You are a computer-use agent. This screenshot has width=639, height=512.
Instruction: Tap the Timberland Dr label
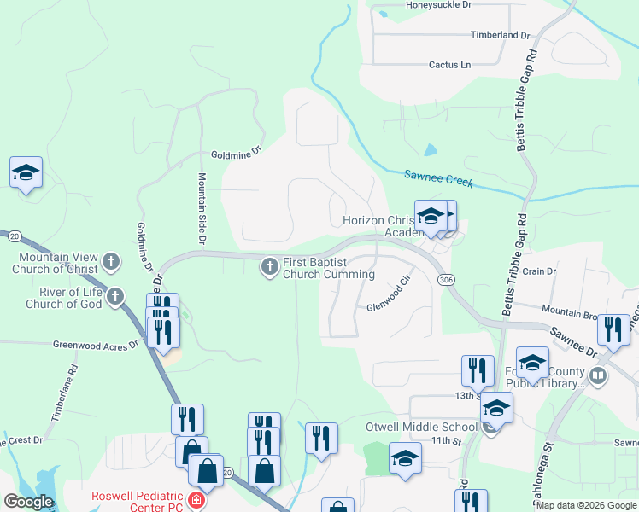(x=501, y=36)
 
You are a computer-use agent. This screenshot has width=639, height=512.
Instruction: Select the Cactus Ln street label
(x=449, y=65)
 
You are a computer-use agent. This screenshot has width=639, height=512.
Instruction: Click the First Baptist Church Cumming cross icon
(x=270, y=268)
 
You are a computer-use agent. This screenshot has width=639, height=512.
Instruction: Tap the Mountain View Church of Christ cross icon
(x=110, y=262)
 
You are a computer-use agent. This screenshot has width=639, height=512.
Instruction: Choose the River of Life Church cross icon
(x=115, y=298)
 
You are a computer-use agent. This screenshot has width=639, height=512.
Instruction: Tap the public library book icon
(x=599, y=375)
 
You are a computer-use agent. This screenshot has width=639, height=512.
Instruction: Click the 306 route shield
(x=445, y=280)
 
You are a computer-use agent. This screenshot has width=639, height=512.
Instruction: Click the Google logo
(x=29, y=501)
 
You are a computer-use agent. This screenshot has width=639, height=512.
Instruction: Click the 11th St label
(x=445, y=441)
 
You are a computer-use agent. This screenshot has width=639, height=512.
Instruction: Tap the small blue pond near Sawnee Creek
(x=430, y=149)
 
